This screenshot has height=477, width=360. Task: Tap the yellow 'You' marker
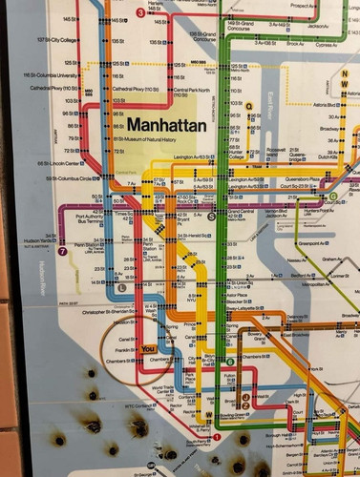pos(147,349)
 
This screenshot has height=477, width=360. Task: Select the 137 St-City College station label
pos(56,40)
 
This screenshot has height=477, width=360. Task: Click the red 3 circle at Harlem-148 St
pos(140,12)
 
